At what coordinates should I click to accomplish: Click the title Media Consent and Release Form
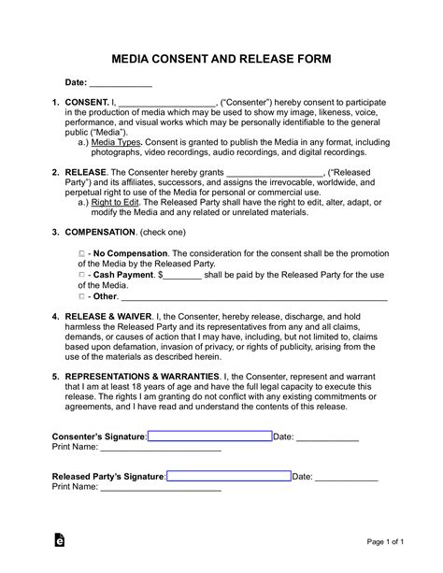coord(221,58)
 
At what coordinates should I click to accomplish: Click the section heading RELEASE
coord(85,172)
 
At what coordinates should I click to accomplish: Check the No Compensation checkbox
coord(81,253)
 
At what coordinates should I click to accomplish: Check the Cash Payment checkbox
coord(81,276)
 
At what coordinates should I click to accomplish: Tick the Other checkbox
coord(81,296)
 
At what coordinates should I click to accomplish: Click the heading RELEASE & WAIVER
coord(112,316)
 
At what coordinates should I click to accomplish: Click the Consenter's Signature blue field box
coord(209,437)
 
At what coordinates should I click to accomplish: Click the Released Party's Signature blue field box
coord(229,476)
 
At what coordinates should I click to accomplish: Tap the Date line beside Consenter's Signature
coord(327,437)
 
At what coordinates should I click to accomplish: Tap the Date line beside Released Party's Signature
coord(347,477)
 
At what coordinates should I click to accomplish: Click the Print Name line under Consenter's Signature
coord(160,448)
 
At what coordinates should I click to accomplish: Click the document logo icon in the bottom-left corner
coord(60,540)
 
